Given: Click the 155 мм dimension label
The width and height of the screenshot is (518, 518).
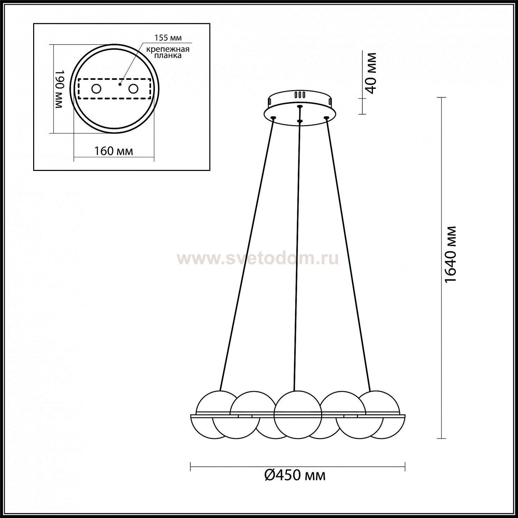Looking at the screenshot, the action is [x=168, y=38].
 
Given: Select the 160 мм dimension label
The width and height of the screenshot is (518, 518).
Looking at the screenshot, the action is [x=114, y=151].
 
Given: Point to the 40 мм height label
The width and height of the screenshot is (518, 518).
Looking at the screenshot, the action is [x=371, y=73].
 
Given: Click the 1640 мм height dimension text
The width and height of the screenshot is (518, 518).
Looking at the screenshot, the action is [x=451, y=255].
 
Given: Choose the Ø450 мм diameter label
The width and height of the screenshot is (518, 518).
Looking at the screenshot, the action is [x=295, y=476].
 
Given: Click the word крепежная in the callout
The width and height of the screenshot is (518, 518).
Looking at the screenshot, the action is [x=168, y=49].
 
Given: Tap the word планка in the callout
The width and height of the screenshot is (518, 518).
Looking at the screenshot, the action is [x=168, y=55].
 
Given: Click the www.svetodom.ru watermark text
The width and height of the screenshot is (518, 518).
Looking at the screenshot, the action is [x=258, y=258].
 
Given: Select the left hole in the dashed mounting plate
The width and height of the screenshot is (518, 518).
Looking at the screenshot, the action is [x=96, y=89].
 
